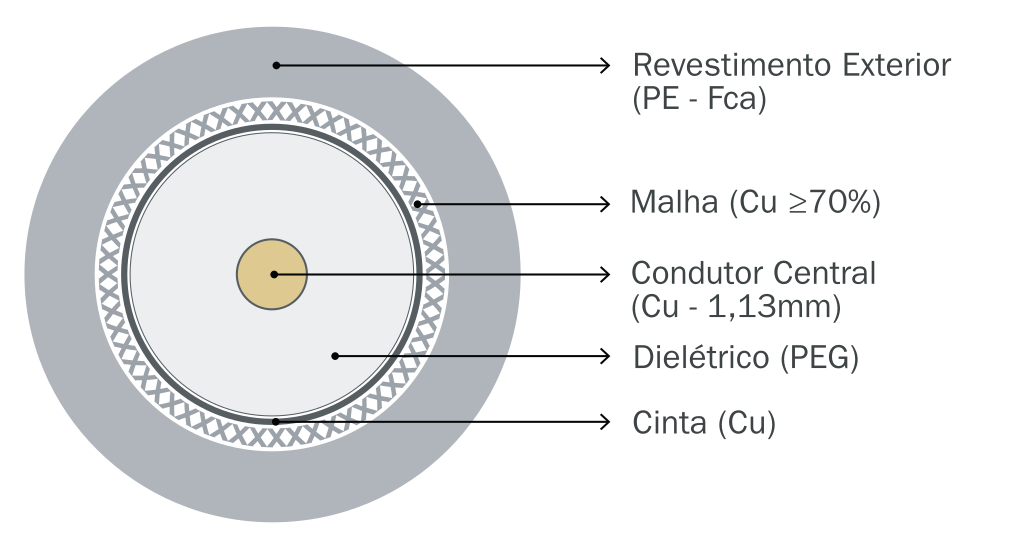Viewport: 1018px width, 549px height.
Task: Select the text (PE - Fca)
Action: point(699,100)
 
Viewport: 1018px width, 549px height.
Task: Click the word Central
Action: point(819,272)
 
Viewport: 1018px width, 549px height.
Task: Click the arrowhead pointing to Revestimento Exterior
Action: point(603,65)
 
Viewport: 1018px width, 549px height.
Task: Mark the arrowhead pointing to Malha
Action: point(603,204)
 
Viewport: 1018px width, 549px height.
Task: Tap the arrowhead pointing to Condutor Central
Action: point(603,273)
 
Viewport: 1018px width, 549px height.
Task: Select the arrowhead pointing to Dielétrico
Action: point(603,355)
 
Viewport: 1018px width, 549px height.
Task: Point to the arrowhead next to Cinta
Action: point(603,422)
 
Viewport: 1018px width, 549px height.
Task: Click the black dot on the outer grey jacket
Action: point(276,65)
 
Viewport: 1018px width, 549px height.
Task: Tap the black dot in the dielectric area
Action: point(336,355)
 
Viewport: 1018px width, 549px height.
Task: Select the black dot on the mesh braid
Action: point(420,204)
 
